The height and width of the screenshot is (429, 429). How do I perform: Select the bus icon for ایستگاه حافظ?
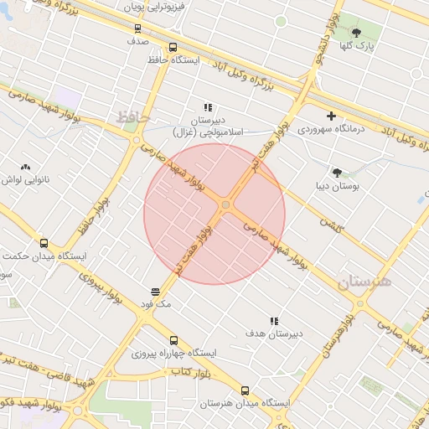[x=173, y=48]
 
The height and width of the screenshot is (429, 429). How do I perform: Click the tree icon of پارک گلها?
[x=356, y=33]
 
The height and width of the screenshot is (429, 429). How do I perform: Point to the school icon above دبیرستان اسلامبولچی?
[x=208, y=107]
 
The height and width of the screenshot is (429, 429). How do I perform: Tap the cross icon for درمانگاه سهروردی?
[x=332, y=116]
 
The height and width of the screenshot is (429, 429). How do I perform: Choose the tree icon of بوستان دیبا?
[x=337, y=173]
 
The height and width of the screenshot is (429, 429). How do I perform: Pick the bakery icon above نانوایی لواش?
[x=25, y=168]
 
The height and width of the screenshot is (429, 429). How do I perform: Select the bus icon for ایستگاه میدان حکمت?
[x=44, y=243]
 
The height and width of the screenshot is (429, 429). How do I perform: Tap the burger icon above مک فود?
[x=156, y=291]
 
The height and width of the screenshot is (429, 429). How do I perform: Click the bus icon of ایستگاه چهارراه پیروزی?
[x=173, y=340]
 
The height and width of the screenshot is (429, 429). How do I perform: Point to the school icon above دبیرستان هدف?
[x=273, y=321]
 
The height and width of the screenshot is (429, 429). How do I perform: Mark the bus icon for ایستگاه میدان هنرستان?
[x=245, y=390]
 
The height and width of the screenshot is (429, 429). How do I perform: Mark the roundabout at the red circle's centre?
[x=226, y=205]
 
